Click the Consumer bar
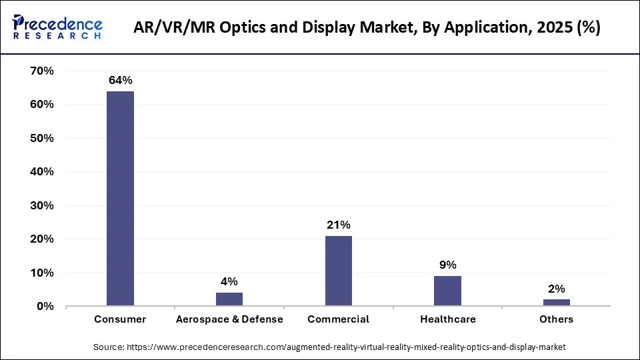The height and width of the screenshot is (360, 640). point(120,199)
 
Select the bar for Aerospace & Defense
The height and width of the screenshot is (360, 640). point(229,299)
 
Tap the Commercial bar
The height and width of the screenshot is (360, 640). point(338,271)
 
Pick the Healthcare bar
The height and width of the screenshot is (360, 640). point(447,291)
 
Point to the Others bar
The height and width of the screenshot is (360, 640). point(557,303)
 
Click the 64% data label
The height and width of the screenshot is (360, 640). point(120,81)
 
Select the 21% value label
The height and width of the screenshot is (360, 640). point(338,225)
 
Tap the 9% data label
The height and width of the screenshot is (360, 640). point(447,265)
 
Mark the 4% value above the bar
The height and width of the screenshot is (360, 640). point(229,282)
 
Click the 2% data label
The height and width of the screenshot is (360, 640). point(557,289)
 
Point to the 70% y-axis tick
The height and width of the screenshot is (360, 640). point(42,71)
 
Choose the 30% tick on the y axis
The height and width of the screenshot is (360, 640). point(42,206)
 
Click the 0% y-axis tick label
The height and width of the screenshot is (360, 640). point(45,307)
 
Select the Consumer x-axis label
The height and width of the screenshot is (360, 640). point(120,319)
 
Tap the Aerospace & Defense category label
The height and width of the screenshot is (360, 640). point(229,319)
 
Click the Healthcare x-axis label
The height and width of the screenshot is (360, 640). point(447,319)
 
